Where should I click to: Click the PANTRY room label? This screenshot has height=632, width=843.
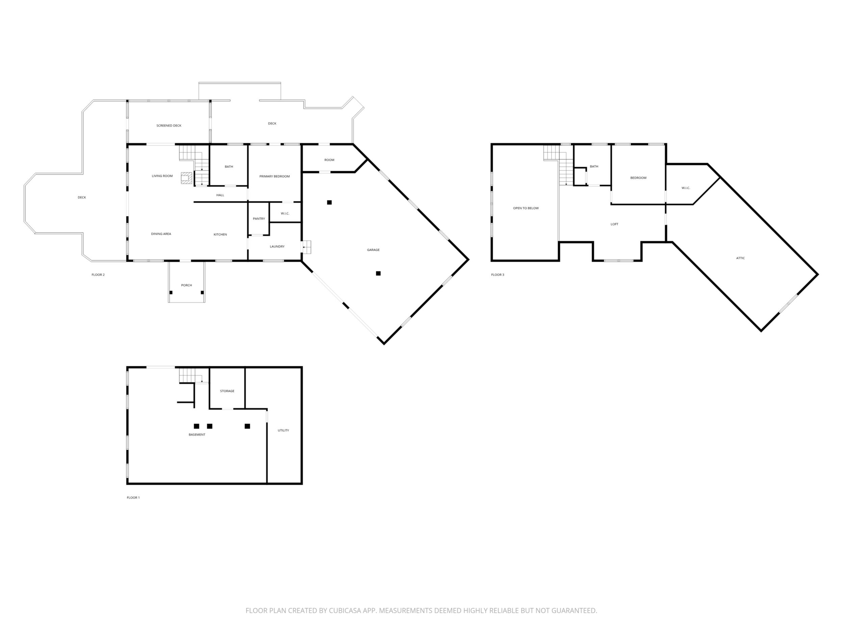[x=259, y=219]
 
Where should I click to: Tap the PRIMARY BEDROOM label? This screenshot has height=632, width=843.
[x=274, y=176]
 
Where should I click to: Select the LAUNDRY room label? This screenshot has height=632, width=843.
[x=277, y=246]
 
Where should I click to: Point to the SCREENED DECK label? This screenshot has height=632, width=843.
[x=169, y=126]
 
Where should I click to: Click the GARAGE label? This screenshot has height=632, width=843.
[x=373, y=250]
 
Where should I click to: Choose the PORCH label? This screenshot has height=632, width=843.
[x=186, y=285]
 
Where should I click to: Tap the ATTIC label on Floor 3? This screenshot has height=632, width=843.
[x=740, y=258]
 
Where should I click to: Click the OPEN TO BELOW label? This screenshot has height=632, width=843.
[x=526, y=208]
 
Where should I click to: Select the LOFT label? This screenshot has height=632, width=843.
[x=614, y=225]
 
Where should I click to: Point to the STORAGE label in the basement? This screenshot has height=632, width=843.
[x=227, y=391]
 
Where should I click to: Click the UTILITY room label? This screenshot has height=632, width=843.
[x=283, y=430]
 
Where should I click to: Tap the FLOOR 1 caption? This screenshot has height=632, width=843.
[x=133, y=498]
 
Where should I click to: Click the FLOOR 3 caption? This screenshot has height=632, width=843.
[x=498, y=275]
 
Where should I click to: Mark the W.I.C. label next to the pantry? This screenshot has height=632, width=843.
[x=285, y=214]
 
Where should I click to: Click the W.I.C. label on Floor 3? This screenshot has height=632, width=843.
[x=686, y=188]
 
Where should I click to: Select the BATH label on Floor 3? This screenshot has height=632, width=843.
[x=594, y=166]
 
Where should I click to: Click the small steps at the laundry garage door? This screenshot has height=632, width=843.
[x=307, y=247]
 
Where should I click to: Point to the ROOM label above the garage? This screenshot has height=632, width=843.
[x=329, y=160]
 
